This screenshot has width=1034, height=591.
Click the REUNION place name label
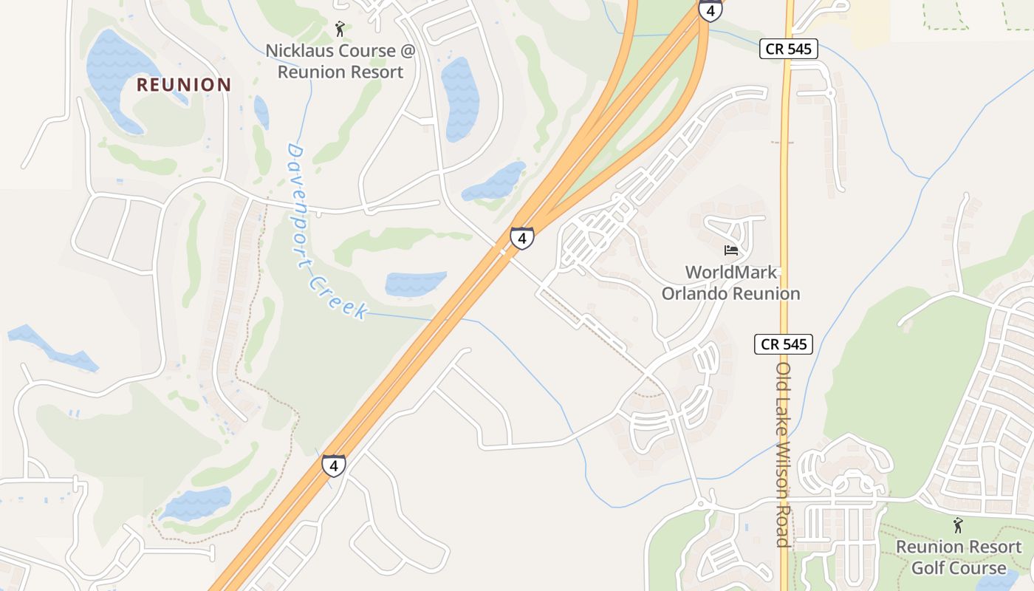(184, 85)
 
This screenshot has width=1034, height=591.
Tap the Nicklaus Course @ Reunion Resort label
(340, 61)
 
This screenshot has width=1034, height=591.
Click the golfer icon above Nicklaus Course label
(340, 29)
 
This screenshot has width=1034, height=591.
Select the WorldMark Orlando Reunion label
(730, 283)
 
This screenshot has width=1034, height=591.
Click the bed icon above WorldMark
(731, 250)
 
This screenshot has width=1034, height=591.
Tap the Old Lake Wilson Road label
(784, 454)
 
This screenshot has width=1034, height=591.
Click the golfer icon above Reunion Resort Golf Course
(958, 525)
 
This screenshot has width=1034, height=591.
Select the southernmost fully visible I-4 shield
(334, 465)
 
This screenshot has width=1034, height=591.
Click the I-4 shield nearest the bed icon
(522, 238)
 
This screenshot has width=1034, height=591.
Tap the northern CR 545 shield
(789, 49)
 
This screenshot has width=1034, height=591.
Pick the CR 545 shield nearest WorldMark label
(783, 344)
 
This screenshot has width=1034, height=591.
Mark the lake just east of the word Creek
(416, 284)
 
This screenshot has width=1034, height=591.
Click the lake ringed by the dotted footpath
(196, 503)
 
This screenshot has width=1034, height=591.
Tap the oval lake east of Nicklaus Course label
(459, 99)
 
